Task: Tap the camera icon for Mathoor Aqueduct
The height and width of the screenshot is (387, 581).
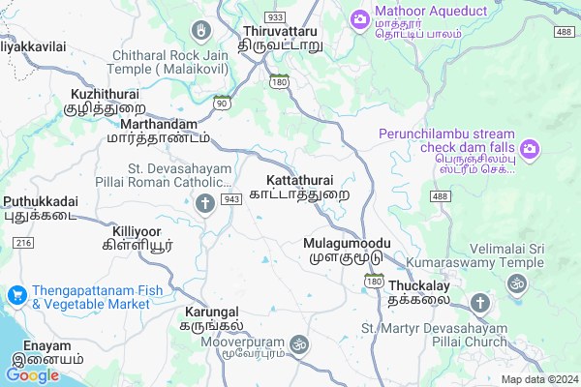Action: point(359,18)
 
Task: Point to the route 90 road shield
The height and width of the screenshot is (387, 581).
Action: point(222,103)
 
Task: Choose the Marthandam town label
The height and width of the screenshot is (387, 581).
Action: point(160,132)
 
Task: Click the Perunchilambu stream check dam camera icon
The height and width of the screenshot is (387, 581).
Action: point(530,148)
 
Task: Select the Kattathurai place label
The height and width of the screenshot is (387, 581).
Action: point(307,187)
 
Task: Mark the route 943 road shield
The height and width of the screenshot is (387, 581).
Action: point(230,198)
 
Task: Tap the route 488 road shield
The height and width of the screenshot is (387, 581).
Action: point(439,197)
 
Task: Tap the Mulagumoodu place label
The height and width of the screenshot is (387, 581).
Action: point(346,249)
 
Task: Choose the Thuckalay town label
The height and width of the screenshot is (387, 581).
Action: point(420,293)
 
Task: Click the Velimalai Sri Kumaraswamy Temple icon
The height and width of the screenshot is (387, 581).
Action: point(516,285)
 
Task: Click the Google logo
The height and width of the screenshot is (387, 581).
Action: point(33,375)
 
